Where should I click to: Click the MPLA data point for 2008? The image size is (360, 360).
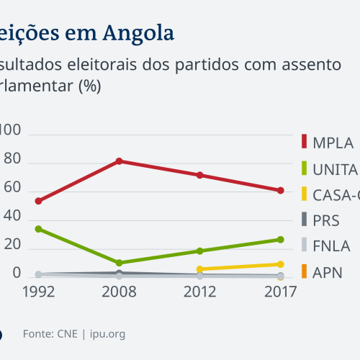(x=120, y=161)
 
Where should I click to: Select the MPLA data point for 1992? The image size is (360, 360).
(x=38, y=201)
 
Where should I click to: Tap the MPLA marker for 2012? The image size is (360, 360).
(x=199, y=175)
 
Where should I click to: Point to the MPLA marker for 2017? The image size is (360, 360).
(x=280, y=190)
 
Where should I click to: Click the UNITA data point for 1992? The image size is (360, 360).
(x=38, y=229)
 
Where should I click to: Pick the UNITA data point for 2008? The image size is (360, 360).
(x=120, y=263)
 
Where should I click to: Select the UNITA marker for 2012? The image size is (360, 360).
(x=199, y=251)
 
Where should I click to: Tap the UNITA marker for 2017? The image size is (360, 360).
(x=280, y=239)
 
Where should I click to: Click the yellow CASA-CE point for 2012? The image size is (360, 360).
(x=199, y=269)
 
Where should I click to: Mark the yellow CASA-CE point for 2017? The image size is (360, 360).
(x=280, y=264)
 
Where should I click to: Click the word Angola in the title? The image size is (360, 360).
(x=138, y=32)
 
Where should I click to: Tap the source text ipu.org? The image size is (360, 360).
(x=108, y=333)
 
